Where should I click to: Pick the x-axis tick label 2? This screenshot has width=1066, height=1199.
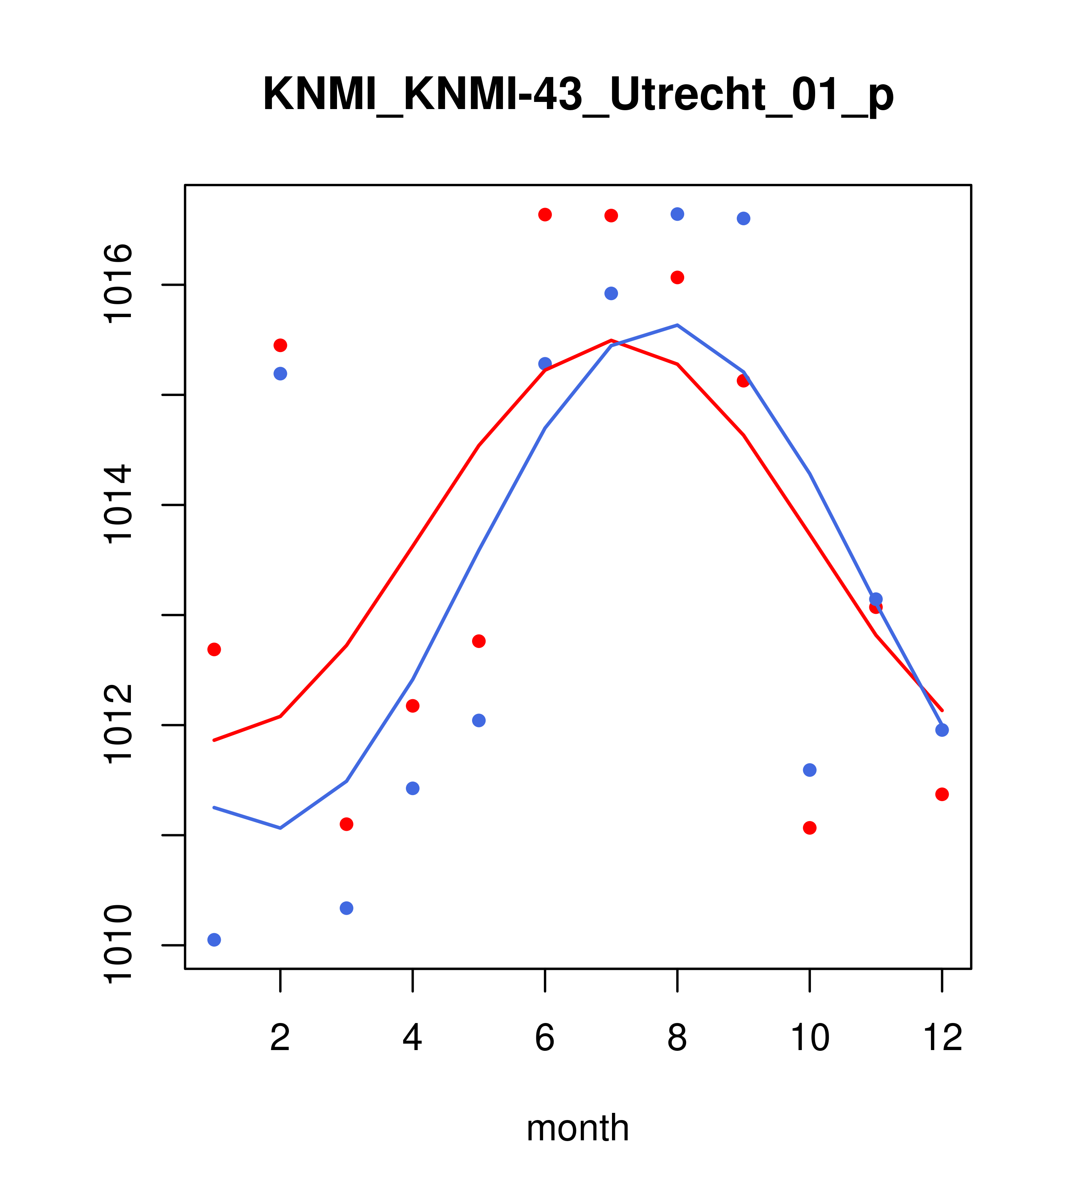(x=281, y=1038)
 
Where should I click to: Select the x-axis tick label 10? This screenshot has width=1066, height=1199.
(x=809, y=1038)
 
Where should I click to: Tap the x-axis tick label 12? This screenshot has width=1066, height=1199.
(x=942, y=1038)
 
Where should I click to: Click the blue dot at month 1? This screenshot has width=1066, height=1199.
(x=214, y=940)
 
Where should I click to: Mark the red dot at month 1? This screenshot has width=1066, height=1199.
(x=214, y=650)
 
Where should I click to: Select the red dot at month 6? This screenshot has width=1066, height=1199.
(x=545, y=215)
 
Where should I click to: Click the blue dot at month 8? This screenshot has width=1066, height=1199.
(x=677, y=214)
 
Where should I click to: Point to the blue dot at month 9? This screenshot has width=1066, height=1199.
(x=743, y=218)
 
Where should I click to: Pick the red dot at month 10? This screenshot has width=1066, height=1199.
(x=809, y=828)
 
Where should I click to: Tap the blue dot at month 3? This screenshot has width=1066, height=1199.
(x=347, y=908)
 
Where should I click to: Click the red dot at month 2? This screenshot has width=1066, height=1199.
(x=281, y=345)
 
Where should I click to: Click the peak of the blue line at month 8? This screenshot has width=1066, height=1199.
(x=677, y=325)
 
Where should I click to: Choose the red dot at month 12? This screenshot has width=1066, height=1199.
(x=942, y=794)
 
